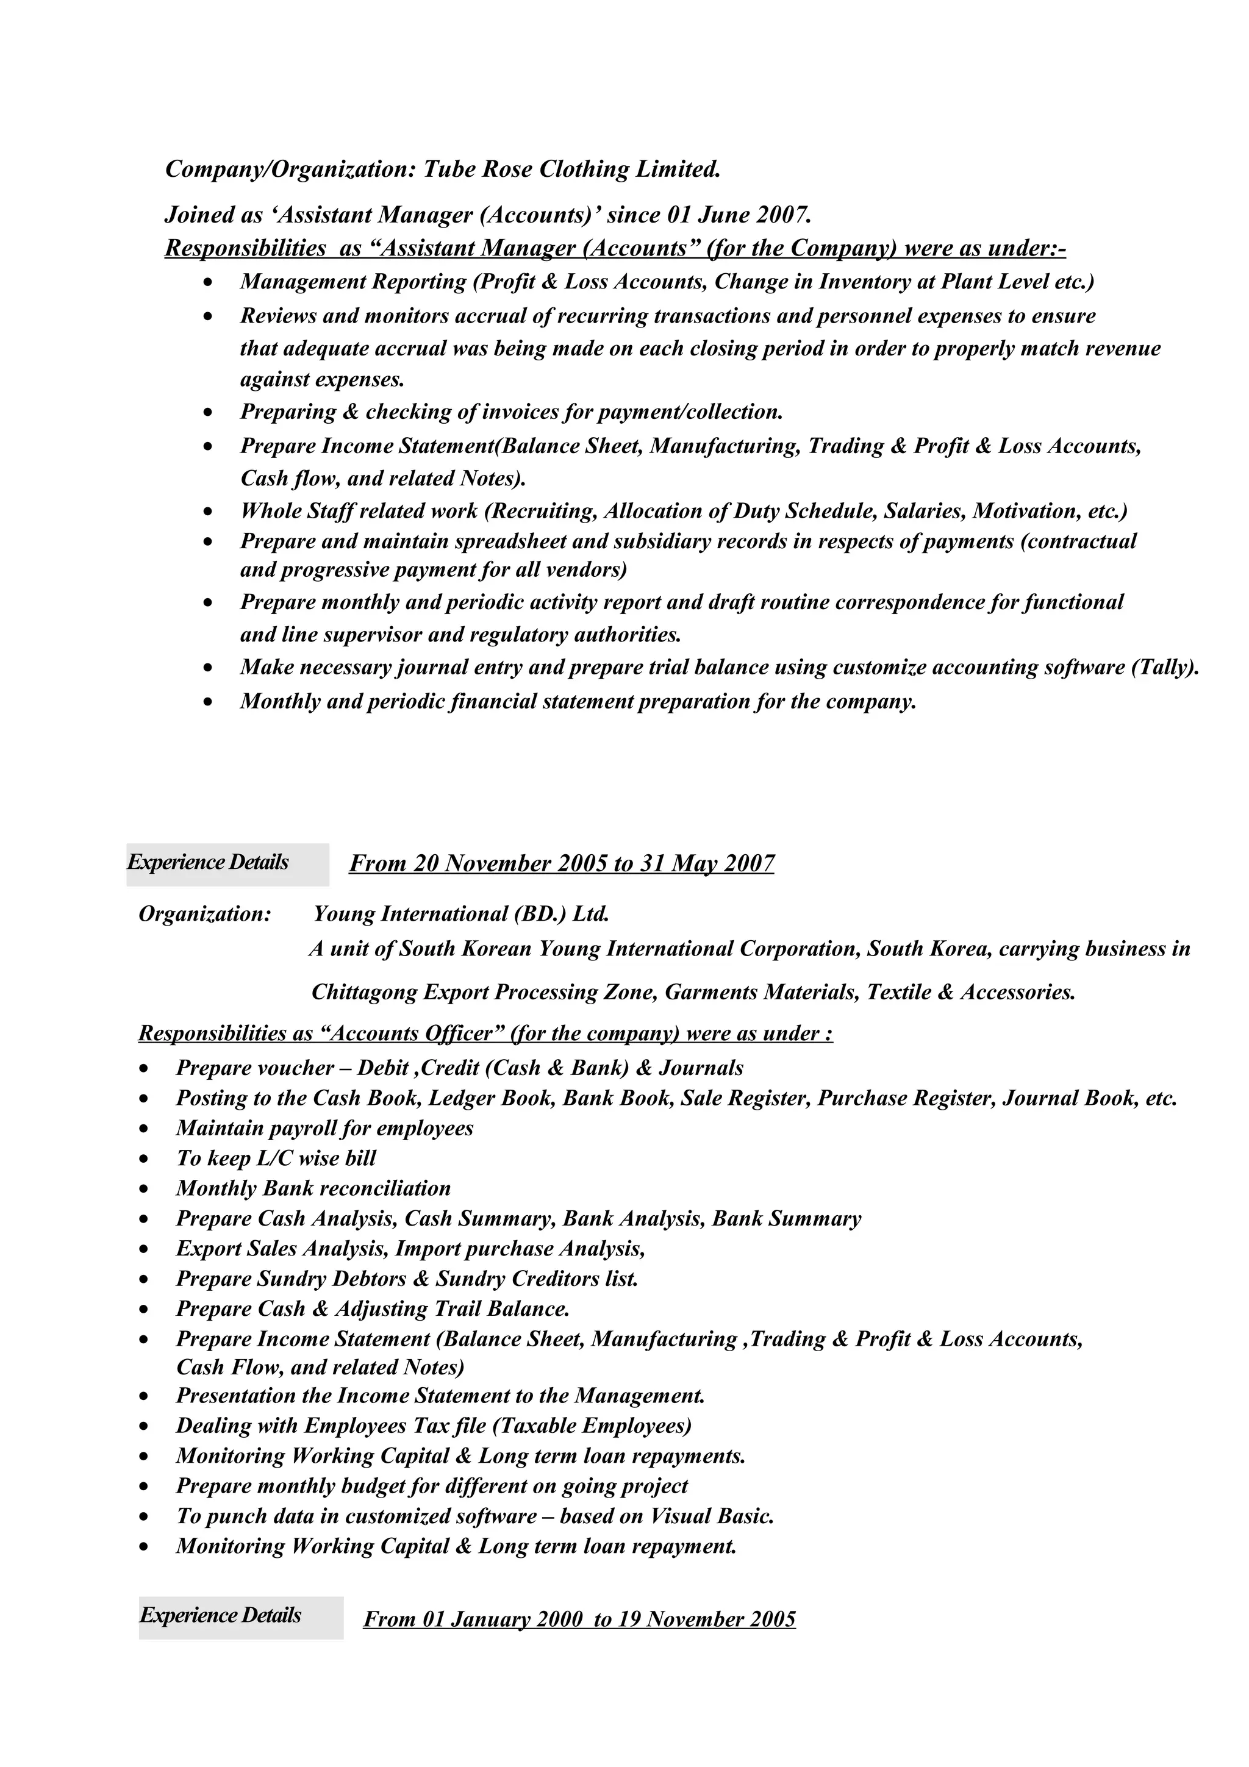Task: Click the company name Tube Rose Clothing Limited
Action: [572, 170]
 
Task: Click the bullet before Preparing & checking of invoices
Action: [208, 413]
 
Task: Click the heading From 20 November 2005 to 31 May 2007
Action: [562, 863]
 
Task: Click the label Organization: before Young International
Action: [205, 914]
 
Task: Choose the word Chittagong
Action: [364, 993]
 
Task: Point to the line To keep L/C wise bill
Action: [276, 1158]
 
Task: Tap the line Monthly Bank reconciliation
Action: [313, 1188]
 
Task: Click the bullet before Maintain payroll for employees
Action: [144, 1129]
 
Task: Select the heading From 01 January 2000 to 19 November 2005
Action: [579, 1619]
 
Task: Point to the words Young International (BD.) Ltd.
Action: [461, 914]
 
